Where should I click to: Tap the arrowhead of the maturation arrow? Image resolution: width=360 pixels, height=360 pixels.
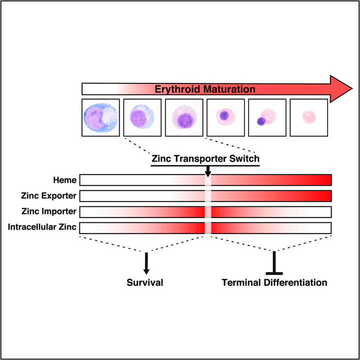342,89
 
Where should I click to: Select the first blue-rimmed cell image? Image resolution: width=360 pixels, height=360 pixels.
100,117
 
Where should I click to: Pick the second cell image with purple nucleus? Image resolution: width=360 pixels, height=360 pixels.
142,117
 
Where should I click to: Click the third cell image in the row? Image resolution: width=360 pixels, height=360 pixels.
183,117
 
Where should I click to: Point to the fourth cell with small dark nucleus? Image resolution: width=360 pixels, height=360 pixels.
225,117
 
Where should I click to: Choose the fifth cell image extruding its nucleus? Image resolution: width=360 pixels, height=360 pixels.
267,117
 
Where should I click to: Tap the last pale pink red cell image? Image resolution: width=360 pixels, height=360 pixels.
308,117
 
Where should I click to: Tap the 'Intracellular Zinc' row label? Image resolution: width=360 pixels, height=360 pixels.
42,227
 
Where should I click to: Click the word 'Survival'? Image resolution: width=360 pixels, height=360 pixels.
145,282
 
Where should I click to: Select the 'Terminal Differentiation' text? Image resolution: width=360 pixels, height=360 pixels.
274,282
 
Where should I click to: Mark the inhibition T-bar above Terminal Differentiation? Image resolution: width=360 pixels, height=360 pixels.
274,264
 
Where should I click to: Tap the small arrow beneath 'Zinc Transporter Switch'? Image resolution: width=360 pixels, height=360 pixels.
208,172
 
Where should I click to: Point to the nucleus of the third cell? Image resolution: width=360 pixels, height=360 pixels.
185,121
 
